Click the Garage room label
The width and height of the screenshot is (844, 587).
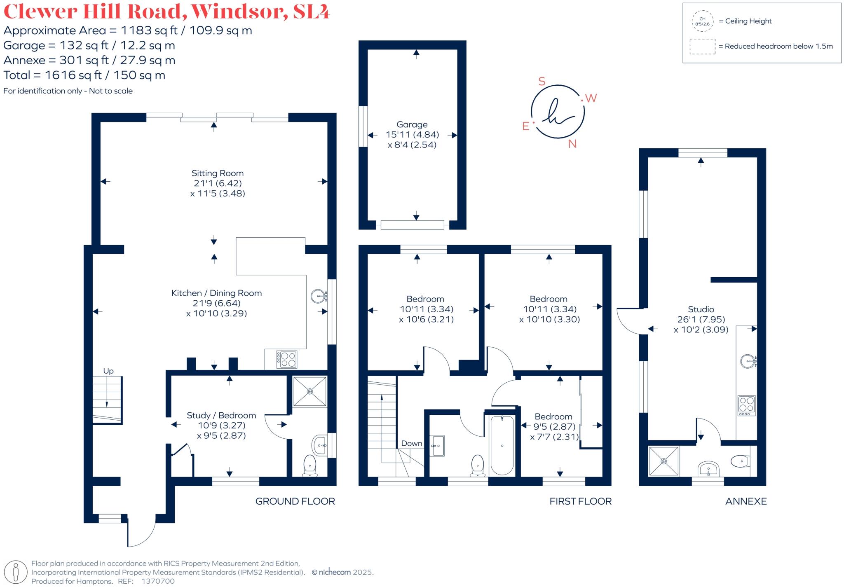click(x=412, y=124)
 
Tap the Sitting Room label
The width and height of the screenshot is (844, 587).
click(x=218, y=173)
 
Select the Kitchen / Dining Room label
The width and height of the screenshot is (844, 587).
click(x=217, y=293)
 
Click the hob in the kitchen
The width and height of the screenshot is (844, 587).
click(x=287, y=359)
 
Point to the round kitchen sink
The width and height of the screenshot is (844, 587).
click(x=319, y=295)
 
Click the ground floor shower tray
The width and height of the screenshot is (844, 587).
click(x=309, y=391)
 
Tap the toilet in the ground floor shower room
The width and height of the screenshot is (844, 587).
click(x=309, y=465)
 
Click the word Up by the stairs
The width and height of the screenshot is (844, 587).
click(x=108, y=371)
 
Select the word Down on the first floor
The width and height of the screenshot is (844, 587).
click(x=412, y=443)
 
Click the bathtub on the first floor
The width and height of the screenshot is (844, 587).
click(x=502, y=445)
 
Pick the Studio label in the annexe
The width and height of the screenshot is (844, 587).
click(x=701, y=309)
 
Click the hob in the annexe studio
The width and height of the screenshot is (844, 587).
click(x=746, y=405)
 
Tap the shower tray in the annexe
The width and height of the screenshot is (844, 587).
click(x=663, y=461)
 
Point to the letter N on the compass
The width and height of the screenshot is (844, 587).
click(x=572, y=144)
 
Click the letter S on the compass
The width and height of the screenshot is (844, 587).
click(x=542, y=82)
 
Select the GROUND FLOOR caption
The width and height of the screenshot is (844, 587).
click(x=295, y=501)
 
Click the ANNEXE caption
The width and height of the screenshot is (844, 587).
click(x=746, y=501)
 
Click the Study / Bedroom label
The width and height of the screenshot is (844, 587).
click(x=221, y=415)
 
